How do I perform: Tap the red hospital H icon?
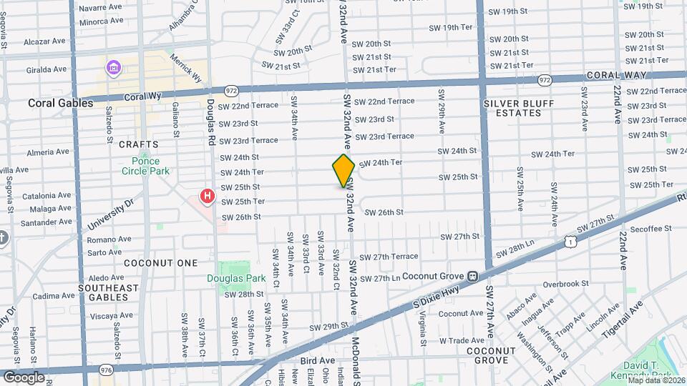click(208, 195)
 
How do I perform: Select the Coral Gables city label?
click(61, 103)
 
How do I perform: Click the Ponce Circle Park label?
click(145, 166)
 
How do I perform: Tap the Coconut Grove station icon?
click(472, 276)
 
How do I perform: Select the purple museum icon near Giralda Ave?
click(113, 69)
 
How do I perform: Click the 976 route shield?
click(107, 370)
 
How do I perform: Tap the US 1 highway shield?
click(569, 242)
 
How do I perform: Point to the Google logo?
click(24, 377)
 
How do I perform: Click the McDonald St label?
click(356, 361)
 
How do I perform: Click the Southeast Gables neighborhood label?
click(108, 293)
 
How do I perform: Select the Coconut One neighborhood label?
click(160, 263)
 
